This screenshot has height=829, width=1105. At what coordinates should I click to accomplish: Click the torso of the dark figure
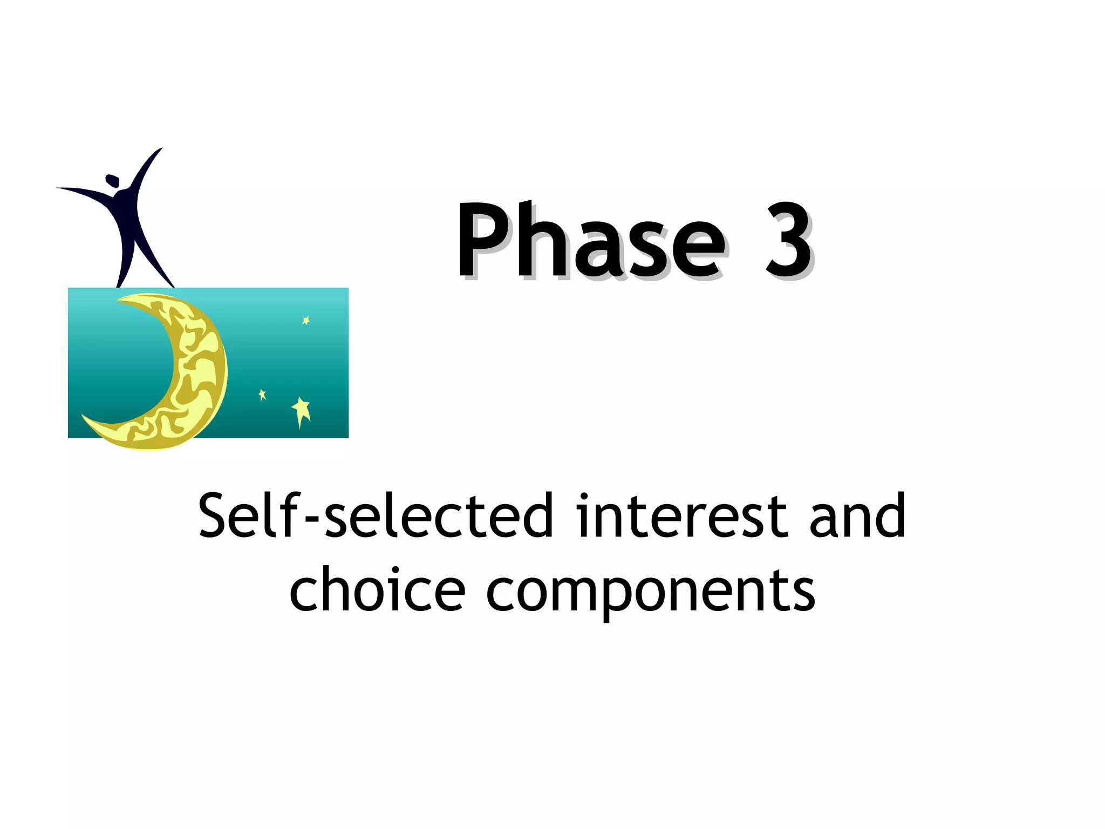click(x=125, y=216)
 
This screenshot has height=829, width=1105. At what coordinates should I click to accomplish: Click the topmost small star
click(x=306, y=321)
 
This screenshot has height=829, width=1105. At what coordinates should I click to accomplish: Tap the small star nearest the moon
click(x=262, y=395)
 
